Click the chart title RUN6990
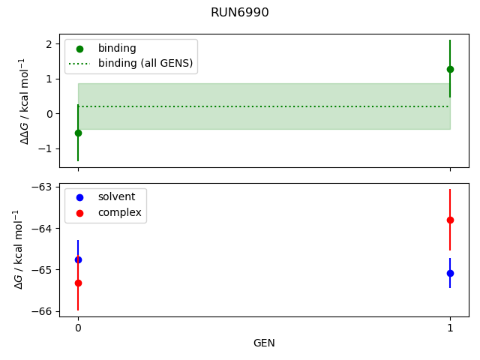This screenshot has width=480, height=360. pos(240,13)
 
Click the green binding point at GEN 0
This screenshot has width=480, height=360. pos(78,133)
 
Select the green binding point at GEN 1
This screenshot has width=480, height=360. pos(450,69)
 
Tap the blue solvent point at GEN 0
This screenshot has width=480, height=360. pos(78,259)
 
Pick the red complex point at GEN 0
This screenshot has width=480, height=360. pos(78,283)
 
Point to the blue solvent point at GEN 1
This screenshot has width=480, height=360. pos(450,273)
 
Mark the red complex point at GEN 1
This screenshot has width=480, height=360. pos(450,220)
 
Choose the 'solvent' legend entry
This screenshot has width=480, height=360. pos(116,196)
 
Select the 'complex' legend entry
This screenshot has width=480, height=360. pos(119,213)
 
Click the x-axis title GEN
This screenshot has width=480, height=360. pos(264,343)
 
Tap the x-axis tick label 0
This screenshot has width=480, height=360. pos(78,328)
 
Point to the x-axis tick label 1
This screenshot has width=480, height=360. pos(450,328)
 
